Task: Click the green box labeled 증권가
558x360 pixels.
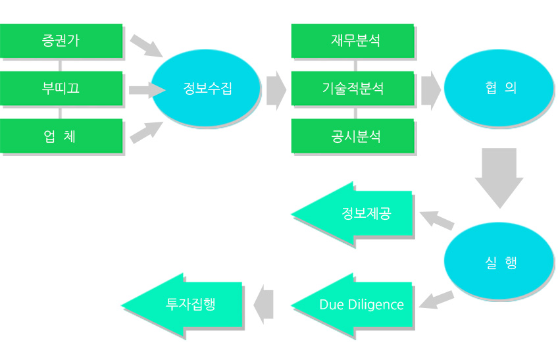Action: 61,41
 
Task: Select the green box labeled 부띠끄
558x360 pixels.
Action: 61,88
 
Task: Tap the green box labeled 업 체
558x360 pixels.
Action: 61,136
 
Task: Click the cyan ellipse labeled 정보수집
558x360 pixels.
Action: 207,88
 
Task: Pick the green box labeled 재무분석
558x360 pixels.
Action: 353,41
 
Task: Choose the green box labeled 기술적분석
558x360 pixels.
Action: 353,88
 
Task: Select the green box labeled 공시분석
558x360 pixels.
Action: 353,136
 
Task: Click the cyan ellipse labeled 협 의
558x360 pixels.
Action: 499,88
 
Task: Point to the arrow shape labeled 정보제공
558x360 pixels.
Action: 352,214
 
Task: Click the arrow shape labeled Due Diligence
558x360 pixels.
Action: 352,305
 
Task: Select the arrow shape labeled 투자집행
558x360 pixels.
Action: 182,305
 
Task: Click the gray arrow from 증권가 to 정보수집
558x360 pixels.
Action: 146,46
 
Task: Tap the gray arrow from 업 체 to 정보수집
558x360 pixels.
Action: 146,132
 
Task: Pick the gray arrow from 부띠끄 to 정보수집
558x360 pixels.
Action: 147,90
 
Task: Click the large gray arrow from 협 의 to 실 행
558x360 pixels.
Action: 499,178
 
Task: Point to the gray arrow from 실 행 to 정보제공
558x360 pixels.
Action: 437,220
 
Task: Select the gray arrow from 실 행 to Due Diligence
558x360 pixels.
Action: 437,300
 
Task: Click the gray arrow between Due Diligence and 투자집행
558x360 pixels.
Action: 263,305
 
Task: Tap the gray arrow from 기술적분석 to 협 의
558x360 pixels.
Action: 431,90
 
